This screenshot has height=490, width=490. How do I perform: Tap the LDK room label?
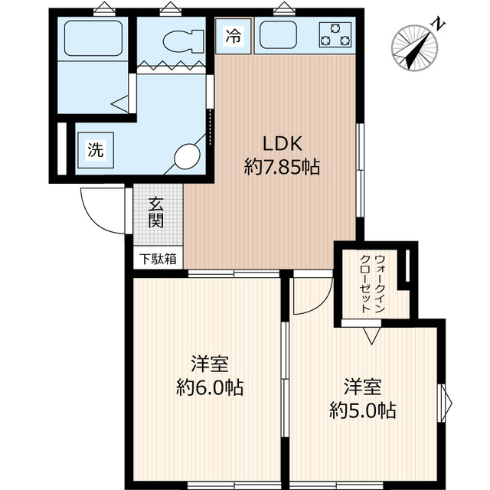point(285,143)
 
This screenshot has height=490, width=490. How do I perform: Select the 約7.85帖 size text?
point(282,166)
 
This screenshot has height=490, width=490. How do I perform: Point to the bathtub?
point(93,38)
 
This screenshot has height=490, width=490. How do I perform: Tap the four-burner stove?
point(336,35)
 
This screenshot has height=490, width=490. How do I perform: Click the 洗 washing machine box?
point(94,149)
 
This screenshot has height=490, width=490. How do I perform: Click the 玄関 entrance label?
point(157,213)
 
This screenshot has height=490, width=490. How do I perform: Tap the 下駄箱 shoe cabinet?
point(158,259)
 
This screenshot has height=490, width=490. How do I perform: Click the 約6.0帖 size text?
point(209,387)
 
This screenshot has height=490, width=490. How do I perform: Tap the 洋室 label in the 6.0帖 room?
point(209,363)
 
